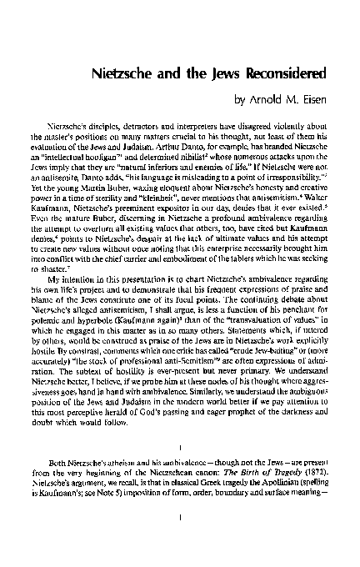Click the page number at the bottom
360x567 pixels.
click(180, 539)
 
